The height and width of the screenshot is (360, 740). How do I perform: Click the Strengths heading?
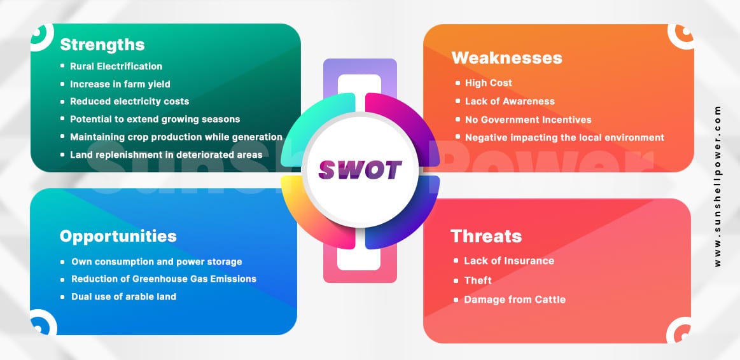pos(102,45)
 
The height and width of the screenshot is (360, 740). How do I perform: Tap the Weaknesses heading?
pos(506,58)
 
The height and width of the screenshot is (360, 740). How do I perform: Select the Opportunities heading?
pos(118,237)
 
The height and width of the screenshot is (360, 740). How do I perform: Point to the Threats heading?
pos(486,236)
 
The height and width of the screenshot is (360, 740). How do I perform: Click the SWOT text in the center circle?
pos(360,170)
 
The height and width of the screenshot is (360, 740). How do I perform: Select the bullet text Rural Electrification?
pos(116,67)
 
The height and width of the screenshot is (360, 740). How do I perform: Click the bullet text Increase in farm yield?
pos(120,84)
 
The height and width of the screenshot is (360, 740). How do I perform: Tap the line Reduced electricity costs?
pos(130,101)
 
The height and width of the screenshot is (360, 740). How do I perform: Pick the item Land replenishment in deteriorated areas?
pos(166,155)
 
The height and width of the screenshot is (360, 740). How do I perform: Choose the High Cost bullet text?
pos(489,83)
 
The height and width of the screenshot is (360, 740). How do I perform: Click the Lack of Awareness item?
pos(510,101)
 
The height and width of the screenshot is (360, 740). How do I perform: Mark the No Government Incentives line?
pos(528,120)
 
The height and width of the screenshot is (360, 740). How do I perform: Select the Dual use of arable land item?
pos(123,297)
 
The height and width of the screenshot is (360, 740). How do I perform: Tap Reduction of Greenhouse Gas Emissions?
pos(164,279)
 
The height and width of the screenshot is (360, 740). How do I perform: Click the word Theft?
pos(478,280)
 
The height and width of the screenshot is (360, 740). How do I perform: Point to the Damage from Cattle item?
pos(515,300)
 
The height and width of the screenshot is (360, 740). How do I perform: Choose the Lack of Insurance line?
pos(509,260)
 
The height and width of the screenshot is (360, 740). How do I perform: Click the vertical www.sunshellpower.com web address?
pos(718,186)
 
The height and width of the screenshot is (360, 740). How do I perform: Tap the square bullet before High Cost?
pos(457,83)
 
